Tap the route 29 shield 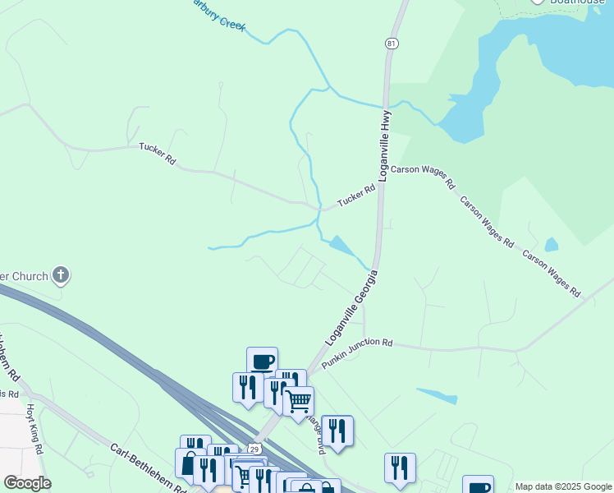(254, 449)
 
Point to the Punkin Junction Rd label (357, 354)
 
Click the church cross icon (61, 275)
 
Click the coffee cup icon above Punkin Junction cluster (263, 361)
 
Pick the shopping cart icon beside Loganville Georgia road (298, 400)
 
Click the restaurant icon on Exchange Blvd (337, 430)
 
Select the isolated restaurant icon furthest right (400, 468)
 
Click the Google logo (27, 483)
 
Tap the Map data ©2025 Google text (562, 486)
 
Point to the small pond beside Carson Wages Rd (551, 245)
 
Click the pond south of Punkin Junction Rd (437, 395)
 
